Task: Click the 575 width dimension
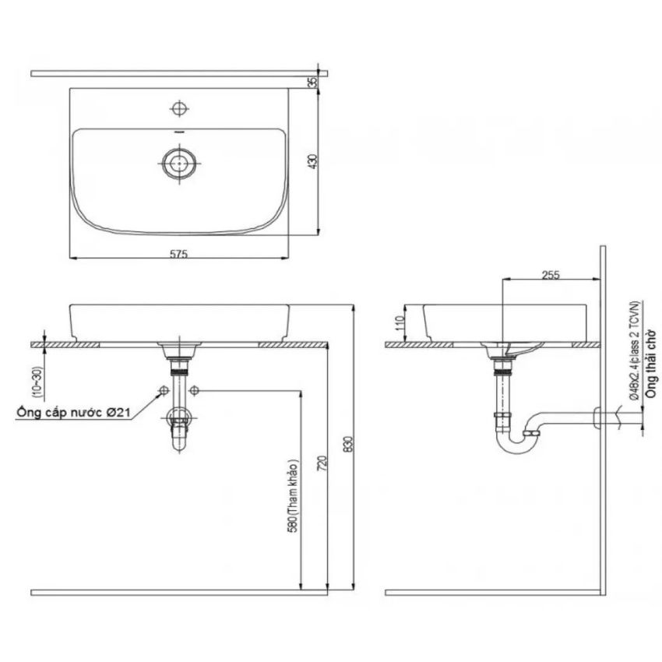pos(178,254)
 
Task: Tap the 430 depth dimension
pos(313,162)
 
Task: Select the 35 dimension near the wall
pos(313,82)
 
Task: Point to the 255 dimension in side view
pos(551,275)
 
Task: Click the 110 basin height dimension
pos(400,323)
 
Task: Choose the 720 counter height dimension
pos(322,463)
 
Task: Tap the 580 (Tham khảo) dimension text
pos(294,495)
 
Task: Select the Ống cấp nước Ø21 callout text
pos(73,412)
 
